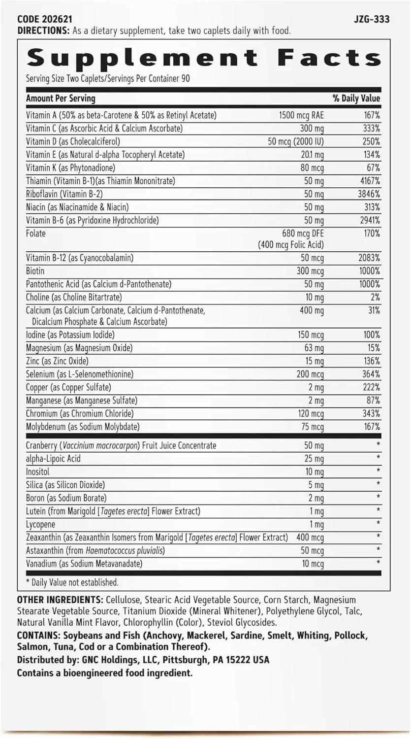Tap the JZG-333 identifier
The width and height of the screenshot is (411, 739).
(x=371, y=19)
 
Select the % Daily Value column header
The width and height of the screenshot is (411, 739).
(x=356, y=98)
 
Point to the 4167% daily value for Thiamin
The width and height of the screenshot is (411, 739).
(x=370, y=181)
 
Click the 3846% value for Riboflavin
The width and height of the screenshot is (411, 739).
(x=370, y=194)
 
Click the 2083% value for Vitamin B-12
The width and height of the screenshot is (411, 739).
(x=370, y=258)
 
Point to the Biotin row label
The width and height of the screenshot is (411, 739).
(x=35, y=271)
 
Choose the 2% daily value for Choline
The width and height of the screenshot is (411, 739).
(x=374, y=297)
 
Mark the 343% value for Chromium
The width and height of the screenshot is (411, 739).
(x=371, y=413)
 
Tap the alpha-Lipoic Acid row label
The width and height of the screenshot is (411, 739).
(x=53, y=458)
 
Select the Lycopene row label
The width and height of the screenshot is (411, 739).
(x=41, y=524)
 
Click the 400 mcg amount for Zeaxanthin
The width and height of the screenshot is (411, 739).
(x=310, y=537)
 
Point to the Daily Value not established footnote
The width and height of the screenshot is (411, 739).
(x=72, y=582)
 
